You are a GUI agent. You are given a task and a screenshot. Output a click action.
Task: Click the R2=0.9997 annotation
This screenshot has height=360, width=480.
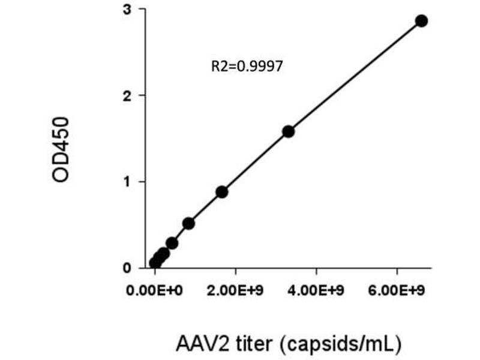pyautogui.click(x=247, y=66)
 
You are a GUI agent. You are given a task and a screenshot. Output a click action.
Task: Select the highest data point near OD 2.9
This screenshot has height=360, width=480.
pyautogui.click(x=421, y=21)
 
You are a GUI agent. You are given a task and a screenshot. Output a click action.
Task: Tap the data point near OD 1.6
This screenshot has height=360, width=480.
pyautogui.click(x=288, y=131)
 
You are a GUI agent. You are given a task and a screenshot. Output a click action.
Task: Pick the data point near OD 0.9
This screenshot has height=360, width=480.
pyautogui.click(x=222, y=192)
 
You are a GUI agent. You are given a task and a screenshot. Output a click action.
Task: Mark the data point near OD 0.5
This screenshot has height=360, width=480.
pyautogui.click(x=188, y=223)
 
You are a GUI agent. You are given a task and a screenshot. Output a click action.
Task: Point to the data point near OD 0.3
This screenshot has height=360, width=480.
pyautogui.click(x=172, y=243)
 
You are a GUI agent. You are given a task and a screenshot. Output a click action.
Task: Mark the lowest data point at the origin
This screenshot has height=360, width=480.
pyautogui.click(x=155, y=263)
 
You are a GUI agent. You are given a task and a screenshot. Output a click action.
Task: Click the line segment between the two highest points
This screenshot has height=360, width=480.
pyautogui.click(x=355, y=76)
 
